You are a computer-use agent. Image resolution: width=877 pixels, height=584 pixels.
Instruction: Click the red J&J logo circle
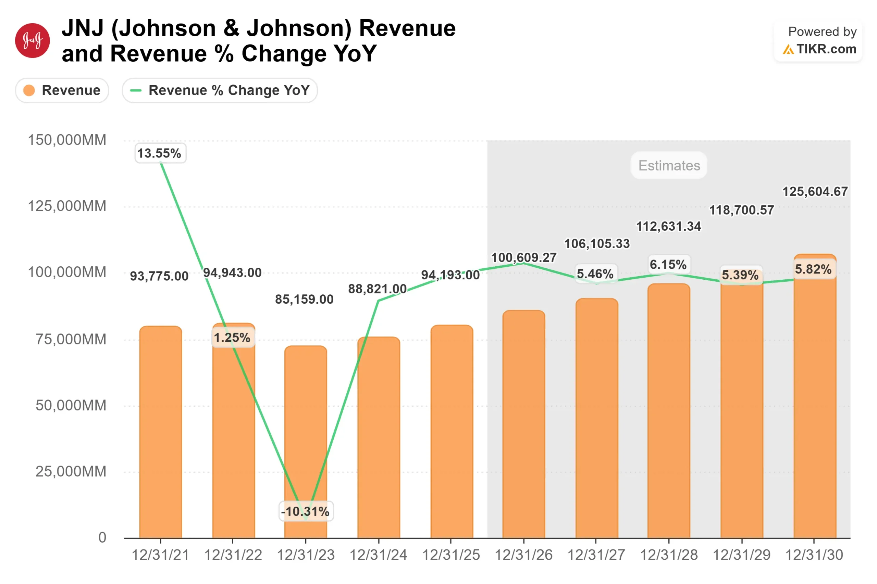(x=33, y=41)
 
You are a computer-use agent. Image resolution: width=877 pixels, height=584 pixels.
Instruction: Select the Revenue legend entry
(x=62, y=90)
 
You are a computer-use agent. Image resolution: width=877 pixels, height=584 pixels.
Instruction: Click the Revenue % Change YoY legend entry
(x=220, y=90)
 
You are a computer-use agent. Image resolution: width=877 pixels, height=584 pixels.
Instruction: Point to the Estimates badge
(x=669, y=165)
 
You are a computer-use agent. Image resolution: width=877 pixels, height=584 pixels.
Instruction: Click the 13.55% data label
(x=160, y=153)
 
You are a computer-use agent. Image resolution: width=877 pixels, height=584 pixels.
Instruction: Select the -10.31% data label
(x=306, y=511)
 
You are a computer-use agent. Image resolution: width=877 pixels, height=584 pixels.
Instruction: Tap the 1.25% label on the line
(x=233, y=338)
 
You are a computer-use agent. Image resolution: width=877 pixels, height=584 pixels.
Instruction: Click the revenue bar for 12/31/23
(x=306, y=440)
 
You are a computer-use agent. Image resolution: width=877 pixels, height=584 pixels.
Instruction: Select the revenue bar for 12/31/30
(x=815, y=410)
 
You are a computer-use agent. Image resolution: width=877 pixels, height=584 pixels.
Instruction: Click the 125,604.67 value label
(x=815, y=191)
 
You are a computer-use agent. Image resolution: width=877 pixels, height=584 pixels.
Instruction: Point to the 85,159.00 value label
(x=304, y=299)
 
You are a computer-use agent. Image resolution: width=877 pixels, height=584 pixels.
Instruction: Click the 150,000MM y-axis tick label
(x=67, y=140)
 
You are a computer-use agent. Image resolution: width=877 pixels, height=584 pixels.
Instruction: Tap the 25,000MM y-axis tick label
(x=71, y=471)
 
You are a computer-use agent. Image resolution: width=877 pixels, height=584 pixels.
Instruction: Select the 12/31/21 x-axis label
(x=160, y=555)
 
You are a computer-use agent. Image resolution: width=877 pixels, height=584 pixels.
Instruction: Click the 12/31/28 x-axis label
(x=669, y=555)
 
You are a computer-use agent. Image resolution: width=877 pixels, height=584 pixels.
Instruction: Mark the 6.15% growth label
(x=668, y=264)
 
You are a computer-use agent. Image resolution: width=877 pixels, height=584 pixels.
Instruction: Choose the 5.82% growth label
(x=813, y=269)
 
